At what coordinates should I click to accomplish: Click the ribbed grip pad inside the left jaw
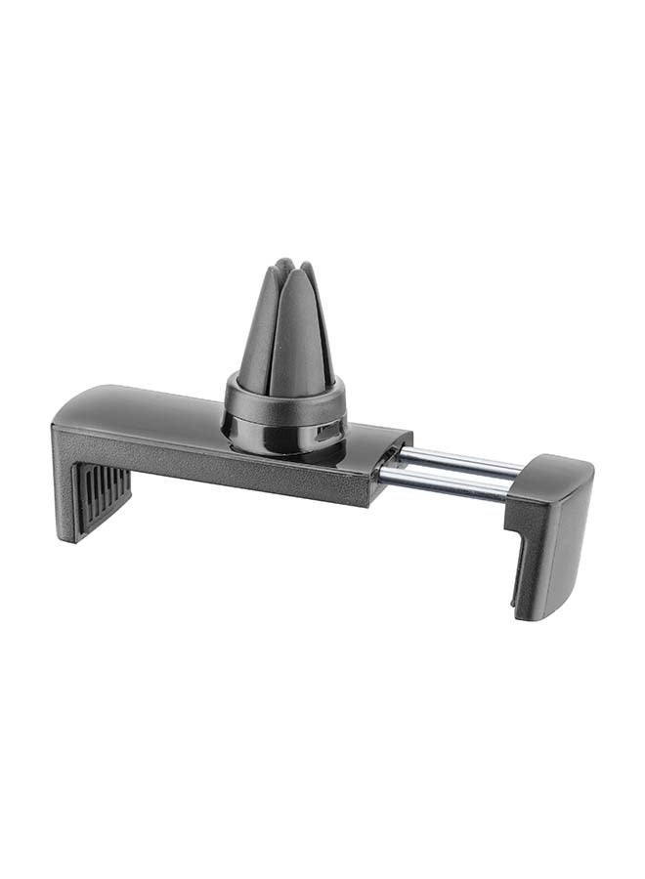coord(103,498)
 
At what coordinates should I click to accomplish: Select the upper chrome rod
coord(459,458)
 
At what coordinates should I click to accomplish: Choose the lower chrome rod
coord(446,481)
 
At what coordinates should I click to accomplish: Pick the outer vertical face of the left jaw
coord(61,479)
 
